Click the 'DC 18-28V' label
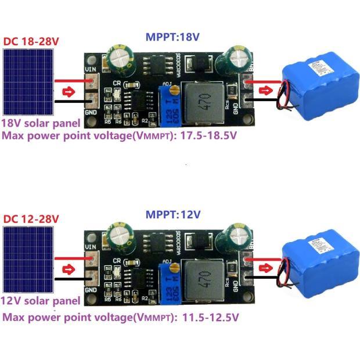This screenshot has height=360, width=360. [x=31, y=42]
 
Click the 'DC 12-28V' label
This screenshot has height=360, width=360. [x=31, y=219]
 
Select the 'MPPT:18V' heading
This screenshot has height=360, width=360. [x=172, y=37]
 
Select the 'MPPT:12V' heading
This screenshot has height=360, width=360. [x=172, y=214]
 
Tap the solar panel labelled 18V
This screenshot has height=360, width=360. [x=28, y=81]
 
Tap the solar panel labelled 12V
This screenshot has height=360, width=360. [x=28, y=259]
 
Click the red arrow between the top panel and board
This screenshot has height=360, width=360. [x=69, y=91]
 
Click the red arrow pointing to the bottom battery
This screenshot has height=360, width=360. [x=265, y=268]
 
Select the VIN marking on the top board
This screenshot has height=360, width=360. [x=90, y=70]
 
